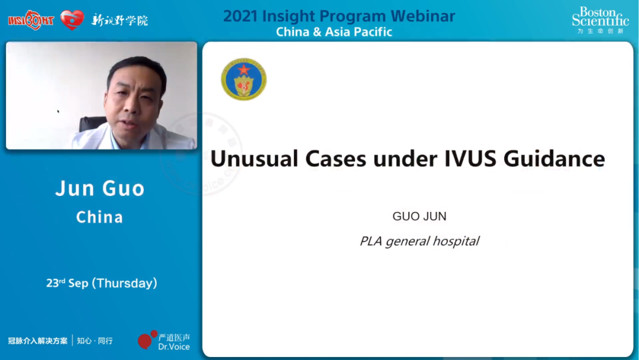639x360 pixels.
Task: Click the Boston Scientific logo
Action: pos(601,20)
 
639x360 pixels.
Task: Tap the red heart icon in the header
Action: pos(72,20)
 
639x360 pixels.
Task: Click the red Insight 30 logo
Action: pos(31,20)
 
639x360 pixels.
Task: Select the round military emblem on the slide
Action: pos(244,79)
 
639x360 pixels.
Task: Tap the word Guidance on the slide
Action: pos(554,159)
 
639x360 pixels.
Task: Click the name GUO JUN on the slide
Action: pos(419,216)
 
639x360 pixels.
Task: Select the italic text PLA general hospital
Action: pos(419,242)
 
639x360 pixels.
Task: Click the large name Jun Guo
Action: pos(100,188)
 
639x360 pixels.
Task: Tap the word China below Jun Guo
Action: pos(99,217)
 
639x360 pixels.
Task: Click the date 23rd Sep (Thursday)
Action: pos(102,283)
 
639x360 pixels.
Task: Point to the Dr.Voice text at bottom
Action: pos(174,346)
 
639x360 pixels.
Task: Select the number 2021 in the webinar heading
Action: pos(240,17)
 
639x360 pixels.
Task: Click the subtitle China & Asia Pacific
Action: pos(334,32)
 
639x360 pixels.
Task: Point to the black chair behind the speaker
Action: pos(91,124)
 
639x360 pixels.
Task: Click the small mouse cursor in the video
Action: pos(58,111)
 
